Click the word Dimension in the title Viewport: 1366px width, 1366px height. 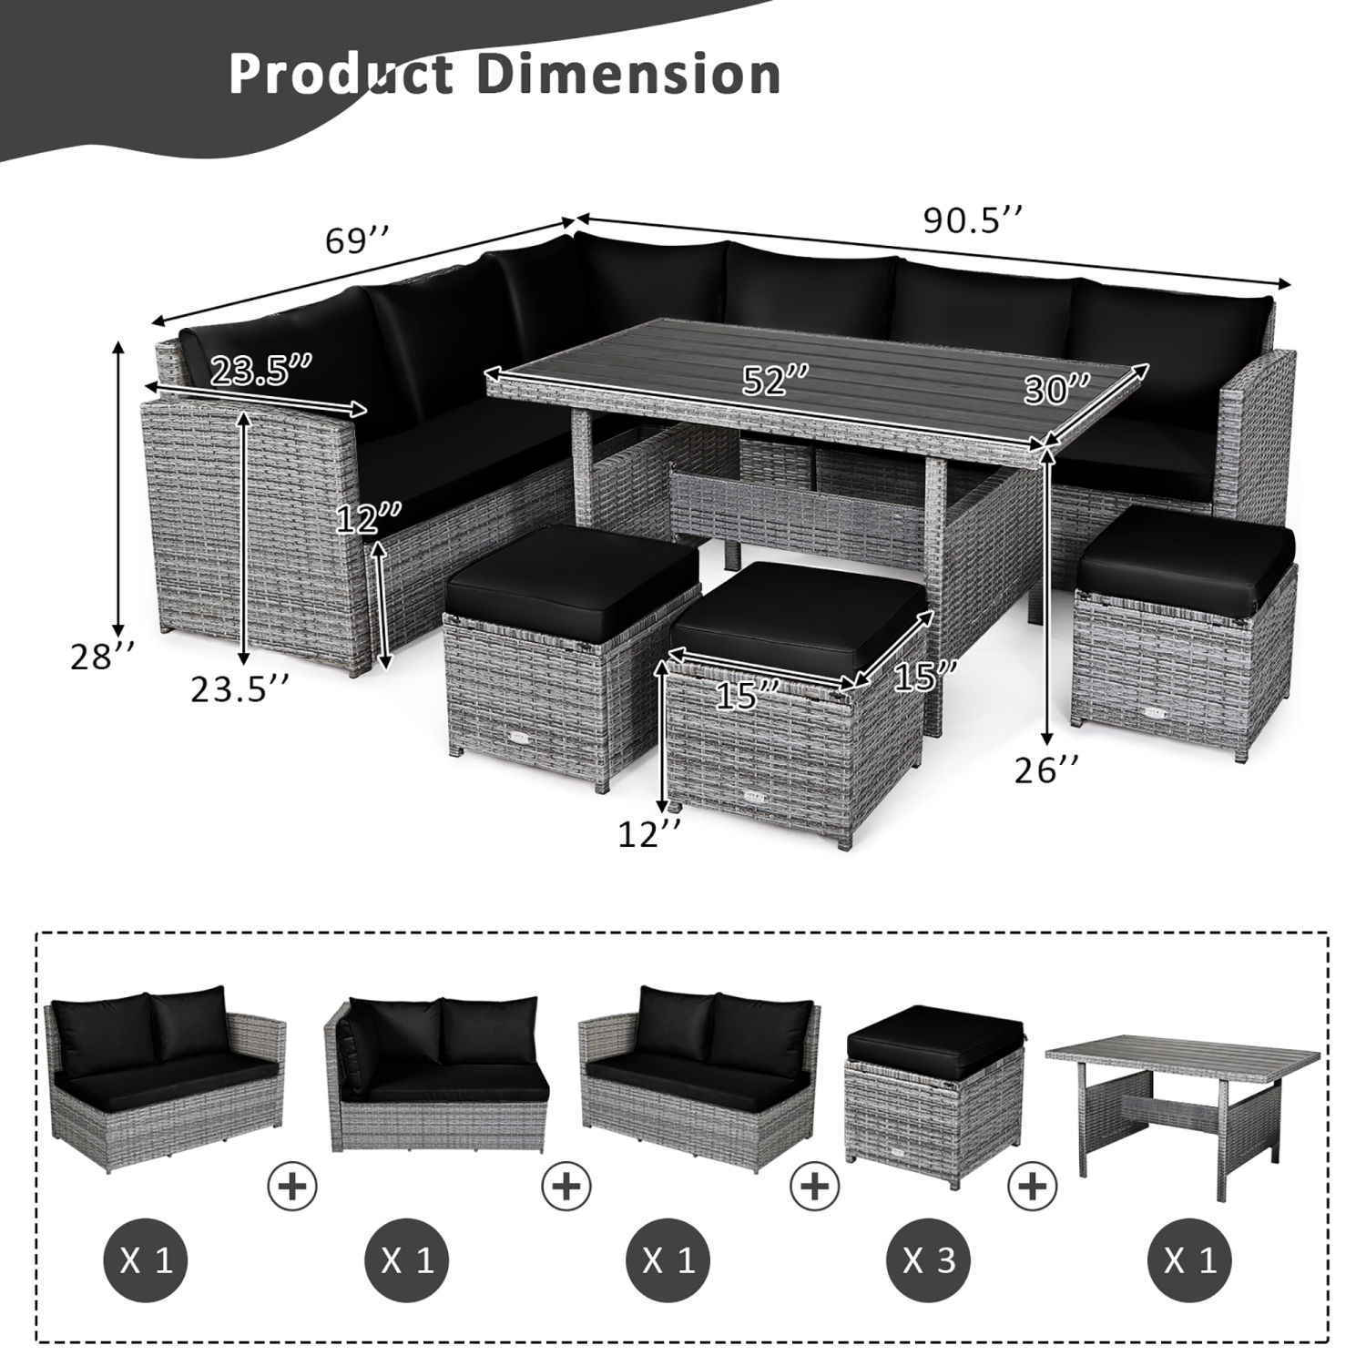(x=629, y=74)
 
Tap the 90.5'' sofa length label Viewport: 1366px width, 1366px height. (x=973, y=220)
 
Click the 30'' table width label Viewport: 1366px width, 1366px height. (x=1055, y=389)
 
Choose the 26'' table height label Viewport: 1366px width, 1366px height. (x=1046, y=771)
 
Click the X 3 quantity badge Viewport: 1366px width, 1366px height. (x=928, y=1260)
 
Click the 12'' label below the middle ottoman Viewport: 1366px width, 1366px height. (x=649, y=834)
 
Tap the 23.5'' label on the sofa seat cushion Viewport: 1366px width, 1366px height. (x=261, y=371)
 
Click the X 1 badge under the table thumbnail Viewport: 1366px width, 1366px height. (x=1189, y=1260)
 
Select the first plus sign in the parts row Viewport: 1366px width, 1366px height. (x=292, y=1186)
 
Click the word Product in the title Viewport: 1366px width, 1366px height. (x=341, y=74)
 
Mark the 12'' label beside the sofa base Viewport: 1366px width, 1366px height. (x=368, y=518)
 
